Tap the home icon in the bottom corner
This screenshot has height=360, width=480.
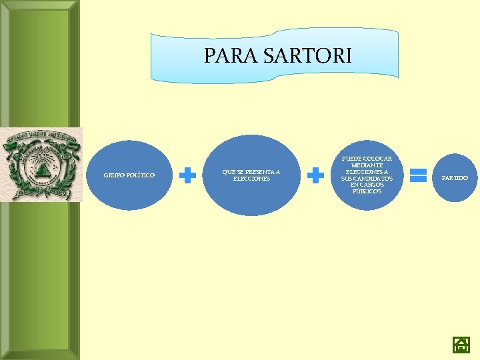[461, 345]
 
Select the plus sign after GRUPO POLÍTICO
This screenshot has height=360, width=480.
[189, 175]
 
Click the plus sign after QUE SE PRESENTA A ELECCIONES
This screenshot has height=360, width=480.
[315, 175]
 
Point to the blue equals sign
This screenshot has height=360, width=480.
[418, 175]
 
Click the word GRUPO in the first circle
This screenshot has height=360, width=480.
[114, 175]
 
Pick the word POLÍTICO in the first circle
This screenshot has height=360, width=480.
[141, 175]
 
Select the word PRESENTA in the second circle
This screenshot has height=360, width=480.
[256, 172]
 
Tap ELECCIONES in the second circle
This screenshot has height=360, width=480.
[251, 179]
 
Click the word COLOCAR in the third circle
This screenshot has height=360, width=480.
[377, 159]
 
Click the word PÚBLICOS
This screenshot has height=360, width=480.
[367, 191]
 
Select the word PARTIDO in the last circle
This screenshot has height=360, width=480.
[455, 178]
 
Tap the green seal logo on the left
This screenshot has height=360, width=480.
[41, 164]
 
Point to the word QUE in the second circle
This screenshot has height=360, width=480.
[227, 172]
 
